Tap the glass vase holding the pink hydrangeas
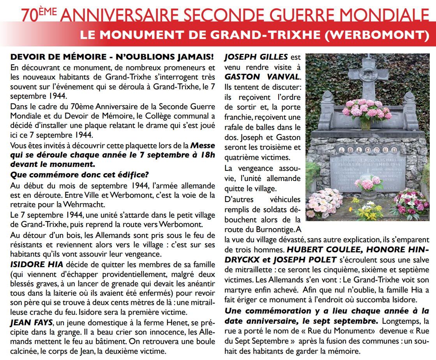[365, 124]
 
